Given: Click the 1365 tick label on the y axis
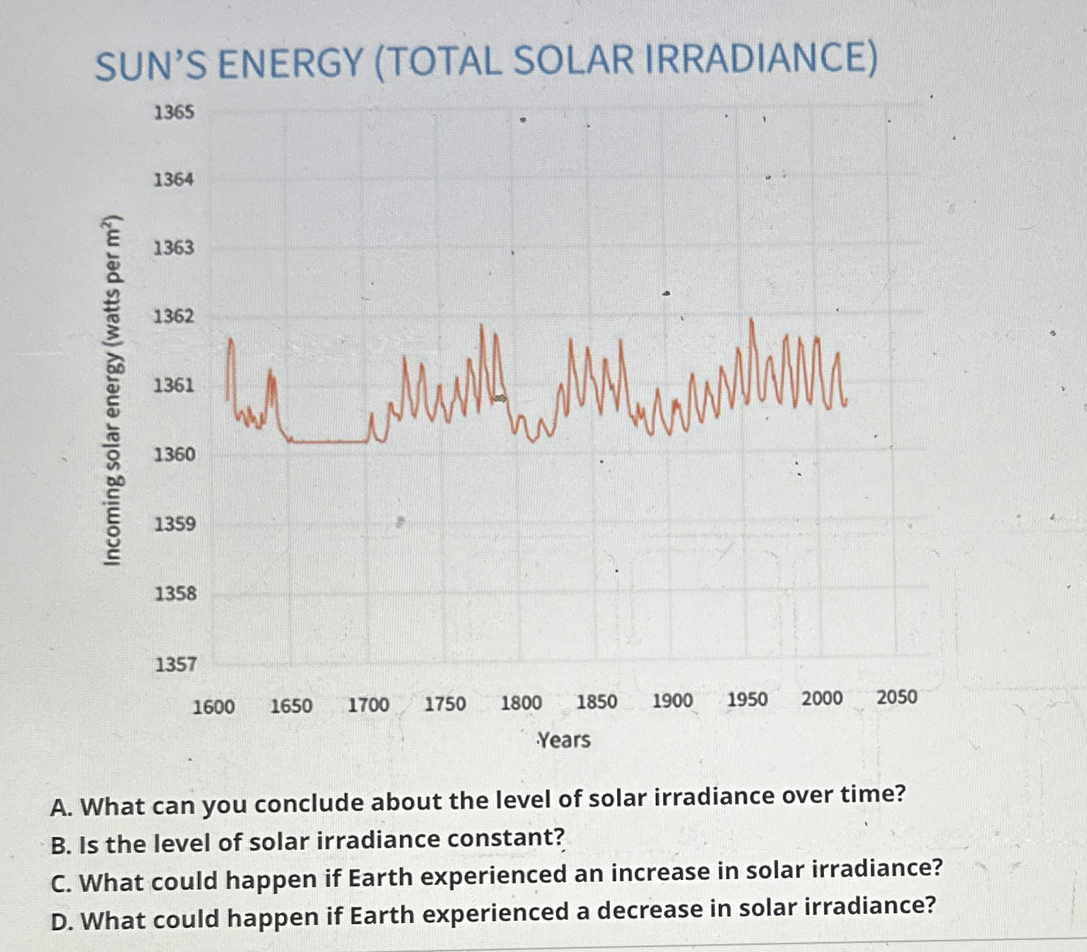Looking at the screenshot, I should pyautogui.click(x=174, y=112).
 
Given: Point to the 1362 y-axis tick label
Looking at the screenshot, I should pyautogui.click(x=174, y=316).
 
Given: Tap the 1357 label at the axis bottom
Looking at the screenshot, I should pyautogui.click(x=176, y=664).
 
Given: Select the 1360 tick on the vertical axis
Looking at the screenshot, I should pyautogui.click(x=175, y=454).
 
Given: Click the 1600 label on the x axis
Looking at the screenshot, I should pyautogui.click(x=213, y=707).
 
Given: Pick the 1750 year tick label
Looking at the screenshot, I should pyautogui.click(x=445, y=705).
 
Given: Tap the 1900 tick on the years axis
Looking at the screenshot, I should pyautogui.click(x=672, y=701).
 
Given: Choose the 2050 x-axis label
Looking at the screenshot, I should pyautogui.click(x=897, y=698).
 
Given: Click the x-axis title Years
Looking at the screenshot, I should pyautogui.click(x=564, y=740).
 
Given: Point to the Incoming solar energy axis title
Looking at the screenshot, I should pyautogui.click(x=113, y=390).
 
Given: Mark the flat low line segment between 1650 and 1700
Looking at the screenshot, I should pyautogui.click(x=329, y=442).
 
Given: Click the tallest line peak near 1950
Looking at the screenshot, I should pyautogui.click(x=751, y=322).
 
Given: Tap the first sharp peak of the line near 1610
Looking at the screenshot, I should pyautogui.click(x=230, y=341).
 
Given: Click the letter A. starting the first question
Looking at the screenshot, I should pyautogui.click(x=61, y=807).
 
